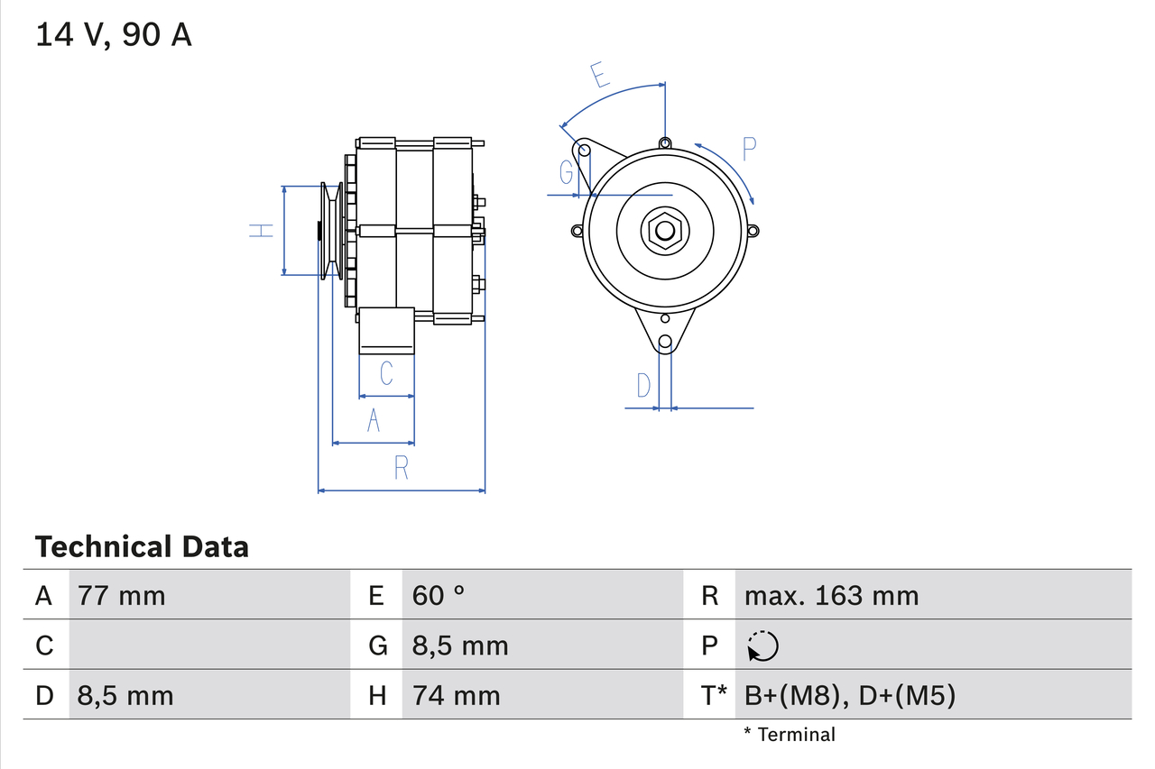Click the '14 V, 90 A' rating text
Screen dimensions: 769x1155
114,35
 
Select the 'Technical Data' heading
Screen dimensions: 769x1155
142,546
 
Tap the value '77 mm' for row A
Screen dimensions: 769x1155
122,595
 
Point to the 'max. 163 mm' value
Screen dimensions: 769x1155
831,595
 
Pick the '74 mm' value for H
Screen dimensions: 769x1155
456,695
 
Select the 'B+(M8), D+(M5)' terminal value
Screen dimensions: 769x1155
849,695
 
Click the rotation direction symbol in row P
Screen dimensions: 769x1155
762,645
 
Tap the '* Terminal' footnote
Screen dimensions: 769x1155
789,734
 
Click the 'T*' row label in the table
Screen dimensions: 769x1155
714,695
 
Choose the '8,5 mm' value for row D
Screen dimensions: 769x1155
125,695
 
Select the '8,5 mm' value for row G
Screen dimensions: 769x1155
460,645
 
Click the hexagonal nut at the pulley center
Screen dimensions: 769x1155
664,230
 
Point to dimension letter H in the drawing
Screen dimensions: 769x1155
261,230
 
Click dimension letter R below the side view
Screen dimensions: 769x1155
402,468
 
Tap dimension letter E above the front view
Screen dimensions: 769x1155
600,75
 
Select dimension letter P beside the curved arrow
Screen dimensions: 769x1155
749,149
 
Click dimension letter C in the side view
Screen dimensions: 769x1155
386,373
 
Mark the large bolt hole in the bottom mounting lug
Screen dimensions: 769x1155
665,342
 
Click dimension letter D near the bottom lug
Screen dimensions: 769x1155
642,386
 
